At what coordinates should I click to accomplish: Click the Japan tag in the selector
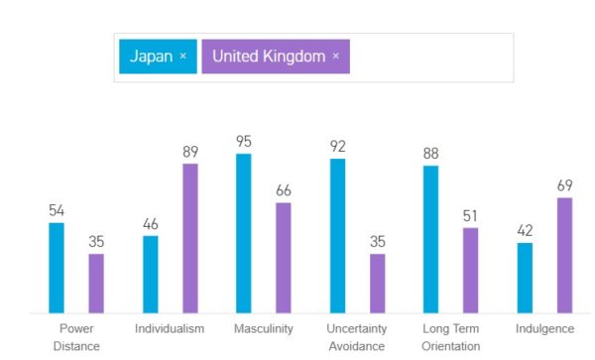click(x=151, y=57)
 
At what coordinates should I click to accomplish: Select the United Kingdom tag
click(x=268, y=57)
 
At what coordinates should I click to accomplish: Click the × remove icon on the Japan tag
click(x=183, y=57)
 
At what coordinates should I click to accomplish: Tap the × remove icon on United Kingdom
click(x=335, y=57)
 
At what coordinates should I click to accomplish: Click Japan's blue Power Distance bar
click(x=57, y=268)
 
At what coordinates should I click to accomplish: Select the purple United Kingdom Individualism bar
click(x=190, y=238)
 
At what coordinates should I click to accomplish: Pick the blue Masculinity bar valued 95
click(x=244, y=233)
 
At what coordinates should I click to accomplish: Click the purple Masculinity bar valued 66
click(x=284, y=258)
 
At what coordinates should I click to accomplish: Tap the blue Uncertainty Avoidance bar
click(x=338, y=236)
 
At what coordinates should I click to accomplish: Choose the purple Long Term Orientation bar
click(x=471, y=271)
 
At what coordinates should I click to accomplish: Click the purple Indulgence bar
click(x=565, y=255)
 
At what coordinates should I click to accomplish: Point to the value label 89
click(x=190, y=152)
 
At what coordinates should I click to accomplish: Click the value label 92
click(x=338, y=147)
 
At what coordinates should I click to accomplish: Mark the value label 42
click(x=525, y=230)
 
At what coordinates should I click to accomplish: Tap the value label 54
click(x=57, y=210)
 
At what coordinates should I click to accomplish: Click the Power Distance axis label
click(x=76, y=337)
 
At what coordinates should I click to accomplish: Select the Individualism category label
click(x=170, y=328)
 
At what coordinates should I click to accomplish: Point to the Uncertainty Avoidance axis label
click(x=357, y=337)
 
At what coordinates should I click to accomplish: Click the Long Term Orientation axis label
click(x=451, y=337)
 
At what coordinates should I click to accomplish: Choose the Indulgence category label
click(x=544, y=328)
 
